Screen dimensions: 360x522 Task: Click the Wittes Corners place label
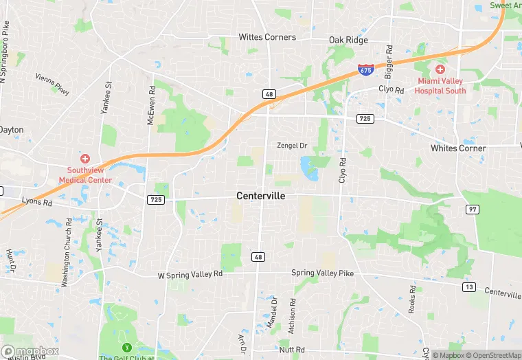coord(267,37)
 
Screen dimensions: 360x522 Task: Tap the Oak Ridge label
coord(348,41)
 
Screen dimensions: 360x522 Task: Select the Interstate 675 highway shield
coord(366,69)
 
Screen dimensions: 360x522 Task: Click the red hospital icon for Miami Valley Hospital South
coord(440,69)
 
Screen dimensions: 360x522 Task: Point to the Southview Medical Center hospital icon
coord(84,159)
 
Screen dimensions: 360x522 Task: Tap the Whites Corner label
coord(458,148)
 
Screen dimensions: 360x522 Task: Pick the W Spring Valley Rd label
coord(190,274)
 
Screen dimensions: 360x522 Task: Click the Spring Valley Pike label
coord(322,273)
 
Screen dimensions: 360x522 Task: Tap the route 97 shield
coord(471,208)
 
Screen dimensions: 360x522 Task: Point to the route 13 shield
coord(469,286)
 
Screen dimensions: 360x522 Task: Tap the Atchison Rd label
coord(292,315)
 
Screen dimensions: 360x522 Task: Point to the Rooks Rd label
coord(413,300)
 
